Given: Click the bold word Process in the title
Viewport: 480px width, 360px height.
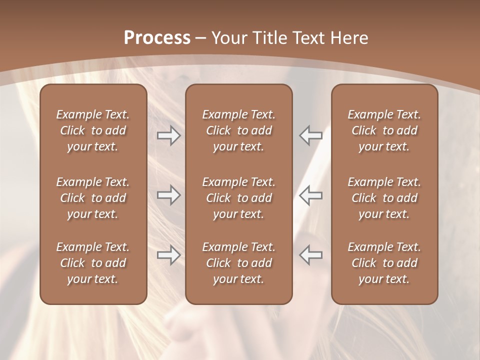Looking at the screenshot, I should pos(157,38).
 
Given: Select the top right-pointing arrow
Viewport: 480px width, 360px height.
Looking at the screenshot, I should pos(169,135).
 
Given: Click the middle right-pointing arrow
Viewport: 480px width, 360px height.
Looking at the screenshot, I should pos(169,195).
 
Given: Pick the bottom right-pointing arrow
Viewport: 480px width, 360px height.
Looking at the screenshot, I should pos(169,255).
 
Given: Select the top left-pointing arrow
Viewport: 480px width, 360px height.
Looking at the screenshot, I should pos(310,135).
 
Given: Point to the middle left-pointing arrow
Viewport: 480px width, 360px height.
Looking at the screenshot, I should pos(310,195).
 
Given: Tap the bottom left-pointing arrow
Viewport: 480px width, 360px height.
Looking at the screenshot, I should pos(310,255).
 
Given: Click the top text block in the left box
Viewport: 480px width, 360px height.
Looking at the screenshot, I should pos(93,130).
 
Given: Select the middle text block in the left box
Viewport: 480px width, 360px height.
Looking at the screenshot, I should pos(93,198).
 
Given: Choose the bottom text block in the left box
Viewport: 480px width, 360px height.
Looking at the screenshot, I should pos(93,263).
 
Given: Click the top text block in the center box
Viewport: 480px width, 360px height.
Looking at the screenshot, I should pos(238,130).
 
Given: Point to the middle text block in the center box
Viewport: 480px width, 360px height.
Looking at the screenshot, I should pos(238,198).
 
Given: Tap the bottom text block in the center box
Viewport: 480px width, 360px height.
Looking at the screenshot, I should pos(238,263).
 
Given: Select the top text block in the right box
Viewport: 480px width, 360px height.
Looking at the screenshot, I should pos(384,130).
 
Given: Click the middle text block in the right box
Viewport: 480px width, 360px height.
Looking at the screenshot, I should pos(384,198).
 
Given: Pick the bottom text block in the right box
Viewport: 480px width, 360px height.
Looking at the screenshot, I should pos(384,263).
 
